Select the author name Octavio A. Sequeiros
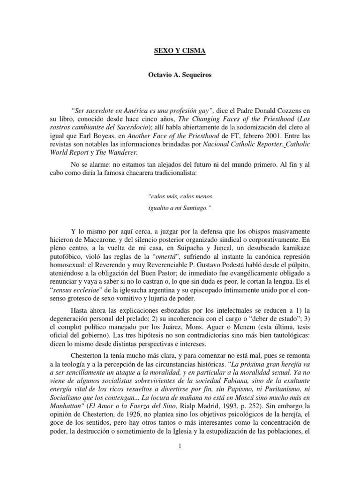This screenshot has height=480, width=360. (180, 75)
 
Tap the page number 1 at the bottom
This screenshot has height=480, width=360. (180, 461)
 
